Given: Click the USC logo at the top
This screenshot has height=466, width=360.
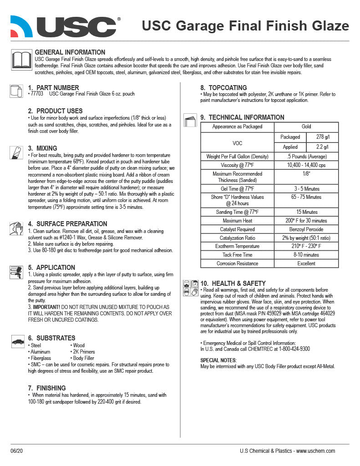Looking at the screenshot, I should pos(65,26).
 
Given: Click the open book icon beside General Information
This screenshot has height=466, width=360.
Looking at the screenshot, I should pos(20,60).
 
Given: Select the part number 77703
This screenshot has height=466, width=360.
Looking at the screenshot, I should pos(37,94).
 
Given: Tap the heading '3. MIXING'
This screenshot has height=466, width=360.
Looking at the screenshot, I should pos(42,148).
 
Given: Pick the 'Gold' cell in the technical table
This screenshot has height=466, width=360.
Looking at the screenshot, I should pos(306,127).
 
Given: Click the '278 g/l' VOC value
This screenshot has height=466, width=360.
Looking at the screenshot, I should pos(322,137).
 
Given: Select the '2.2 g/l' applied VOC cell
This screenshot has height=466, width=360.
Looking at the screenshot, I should pos(322,147).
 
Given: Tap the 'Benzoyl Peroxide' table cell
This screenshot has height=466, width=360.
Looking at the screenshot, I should pos(306,229).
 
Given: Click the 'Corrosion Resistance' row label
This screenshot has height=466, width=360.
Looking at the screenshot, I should pos(237,263).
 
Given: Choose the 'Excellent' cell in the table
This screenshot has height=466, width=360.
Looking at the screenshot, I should pos(306,263).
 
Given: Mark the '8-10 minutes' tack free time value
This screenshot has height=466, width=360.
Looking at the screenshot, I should pos(306,255).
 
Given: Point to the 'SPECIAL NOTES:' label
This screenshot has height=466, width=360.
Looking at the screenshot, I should pos(218,360).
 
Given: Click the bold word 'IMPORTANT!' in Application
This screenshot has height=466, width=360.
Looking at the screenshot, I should pos(46,307).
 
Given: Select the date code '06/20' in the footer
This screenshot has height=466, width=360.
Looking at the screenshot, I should pos(16,451).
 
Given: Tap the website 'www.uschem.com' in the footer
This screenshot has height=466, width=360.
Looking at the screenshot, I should pos(315,451).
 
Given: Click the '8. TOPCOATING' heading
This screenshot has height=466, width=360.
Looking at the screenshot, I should pos(224,88).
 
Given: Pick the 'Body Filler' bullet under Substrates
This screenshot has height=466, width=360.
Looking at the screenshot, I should pos(83,358).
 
